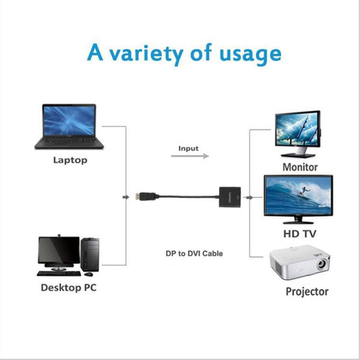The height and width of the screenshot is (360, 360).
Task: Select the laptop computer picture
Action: point(69,126)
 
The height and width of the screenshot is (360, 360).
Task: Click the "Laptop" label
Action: point(70,160)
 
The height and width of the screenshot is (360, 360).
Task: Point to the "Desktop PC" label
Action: point(68,287)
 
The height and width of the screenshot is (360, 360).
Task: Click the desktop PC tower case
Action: point(90,254)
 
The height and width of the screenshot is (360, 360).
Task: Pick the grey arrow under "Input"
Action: point(190,156)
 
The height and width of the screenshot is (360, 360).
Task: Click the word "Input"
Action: point(188,148)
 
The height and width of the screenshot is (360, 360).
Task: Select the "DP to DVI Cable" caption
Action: point(193,253)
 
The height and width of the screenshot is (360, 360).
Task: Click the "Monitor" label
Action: point(300,167)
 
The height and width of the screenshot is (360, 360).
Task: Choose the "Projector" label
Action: point(307,291)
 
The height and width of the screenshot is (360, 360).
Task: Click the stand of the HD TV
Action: point(298,221)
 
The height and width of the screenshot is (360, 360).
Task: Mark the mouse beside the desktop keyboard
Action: point(89,274)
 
